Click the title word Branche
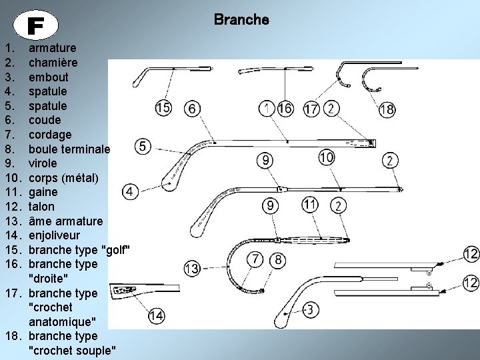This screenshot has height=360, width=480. (x=241, y=20)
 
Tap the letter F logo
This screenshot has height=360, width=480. (x=36, y=25)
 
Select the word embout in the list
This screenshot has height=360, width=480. (x=47, y=77)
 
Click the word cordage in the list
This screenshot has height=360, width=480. (x=50, y=134)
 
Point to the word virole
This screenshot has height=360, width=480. (x=43, y=163)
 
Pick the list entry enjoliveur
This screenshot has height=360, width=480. (x=54, y=235)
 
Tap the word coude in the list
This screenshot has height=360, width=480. (x=45, y=120)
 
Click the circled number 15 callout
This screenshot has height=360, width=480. (x=164, y=109)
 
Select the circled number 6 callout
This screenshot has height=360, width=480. (x=192, y=109)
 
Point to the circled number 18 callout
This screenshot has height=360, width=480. (x=387, y=109)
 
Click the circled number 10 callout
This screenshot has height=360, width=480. (x=326, y=158)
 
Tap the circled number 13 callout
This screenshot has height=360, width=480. (x=191, y=269)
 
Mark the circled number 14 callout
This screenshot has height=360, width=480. (x=157, y=315)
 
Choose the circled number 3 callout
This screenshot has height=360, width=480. (x=310, y=310)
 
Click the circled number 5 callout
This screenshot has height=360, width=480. (x=144, y=146)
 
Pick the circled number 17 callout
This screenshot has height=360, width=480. (x=311, y=109)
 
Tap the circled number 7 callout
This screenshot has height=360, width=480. (x=255, y=259)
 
